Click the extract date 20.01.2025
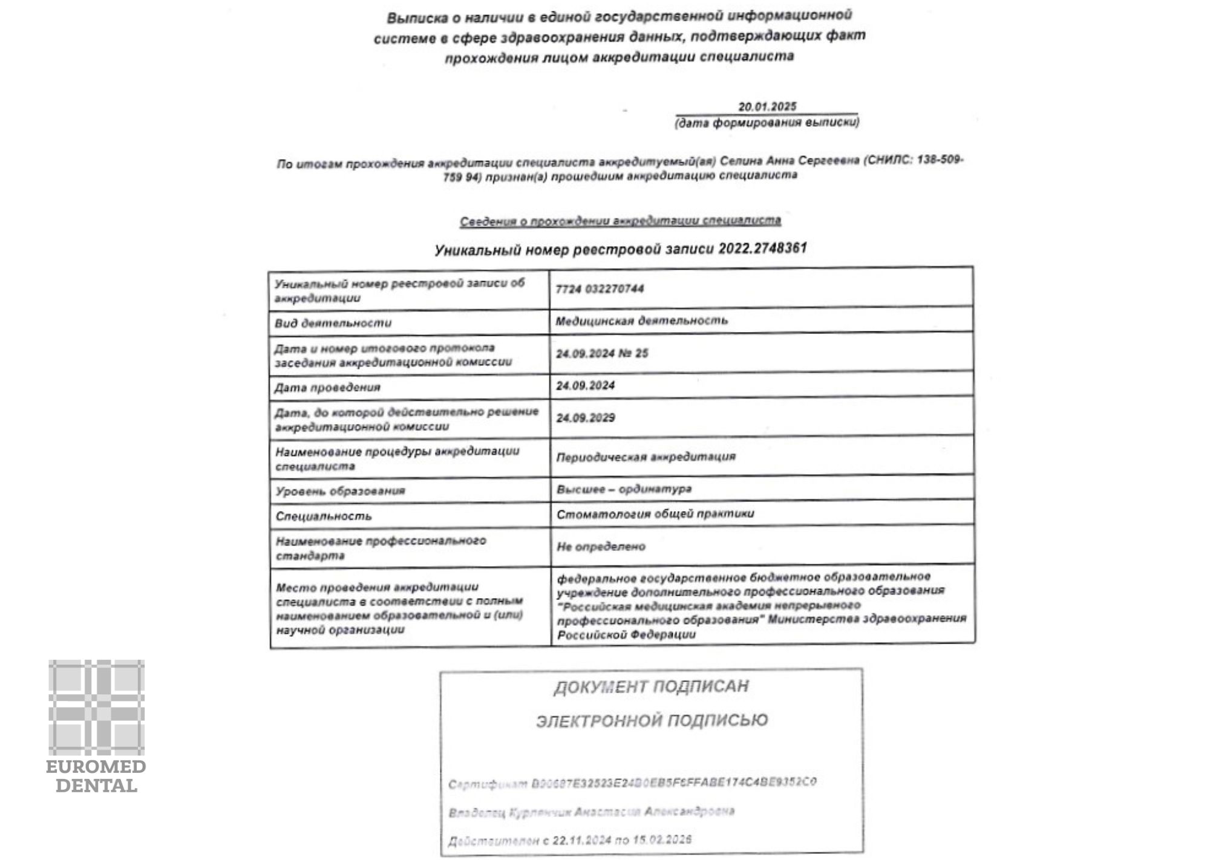pos(767,106)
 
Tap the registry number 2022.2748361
pos(762,249)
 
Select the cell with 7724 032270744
pos(600,289)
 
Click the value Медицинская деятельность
pos(641,321)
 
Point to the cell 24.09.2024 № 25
pos(602,353)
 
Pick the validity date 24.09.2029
pos(586,418)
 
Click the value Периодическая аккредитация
pos(646,457)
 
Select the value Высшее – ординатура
pos(624,489)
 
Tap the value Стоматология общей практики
pos(655,514)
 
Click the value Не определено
pos(601,547)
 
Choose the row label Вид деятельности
pos(333,323)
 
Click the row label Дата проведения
pos(327,387)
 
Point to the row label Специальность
pos(324,516)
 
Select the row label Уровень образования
pos(340,490)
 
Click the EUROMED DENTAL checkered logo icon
pos(97,707)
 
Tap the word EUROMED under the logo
pos(96,767)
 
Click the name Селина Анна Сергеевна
pos(790,161)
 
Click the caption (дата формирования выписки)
pos(767,123)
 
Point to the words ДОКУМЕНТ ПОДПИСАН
pos(651,686)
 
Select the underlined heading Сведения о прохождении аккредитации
pos(620,221)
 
